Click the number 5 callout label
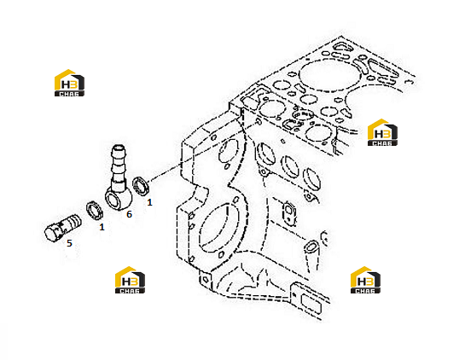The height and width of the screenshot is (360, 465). [69, 243]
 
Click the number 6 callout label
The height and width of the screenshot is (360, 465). [129, 214]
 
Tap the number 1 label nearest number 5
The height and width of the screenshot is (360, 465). [102, 227]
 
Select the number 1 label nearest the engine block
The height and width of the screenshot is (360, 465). [150, 202]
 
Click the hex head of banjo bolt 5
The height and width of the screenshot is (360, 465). [53, 233]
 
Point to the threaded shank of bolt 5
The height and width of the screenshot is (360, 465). [71, 222]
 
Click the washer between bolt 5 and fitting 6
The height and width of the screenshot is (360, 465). [95, 211]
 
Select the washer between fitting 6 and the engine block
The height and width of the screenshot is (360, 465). [141, 186]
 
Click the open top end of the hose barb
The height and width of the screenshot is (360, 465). [119, 148]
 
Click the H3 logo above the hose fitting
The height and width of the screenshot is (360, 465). [69, 83]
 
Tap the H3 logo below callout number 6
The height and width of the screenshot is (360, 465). [130, 280]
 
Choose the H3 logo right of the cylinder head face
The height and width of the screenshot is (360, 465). [382, 132]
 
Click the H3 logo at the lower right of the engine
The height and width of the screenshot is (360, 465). [365, 280]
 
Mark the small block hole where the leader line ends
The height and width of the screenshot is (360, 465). [258, 121]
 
